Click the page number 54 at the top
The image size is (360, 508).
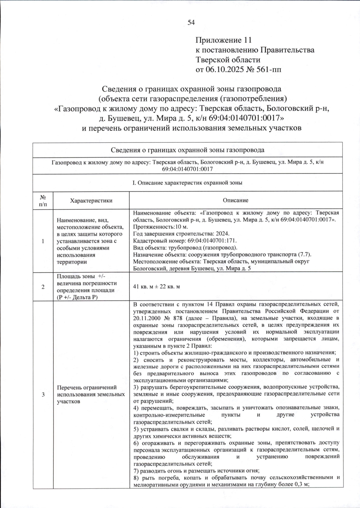point(191,22)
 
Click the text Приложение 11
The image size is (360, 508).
point(223,40)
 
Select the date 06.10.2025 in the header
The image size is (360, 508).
point(225,70)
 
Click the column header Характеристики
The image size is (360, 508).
point(91,201)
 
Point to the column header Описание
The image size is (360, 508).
point(235,200)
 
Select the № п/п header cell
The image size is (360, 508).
point(43,201)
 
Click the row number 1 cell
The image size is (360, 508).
point(43,241)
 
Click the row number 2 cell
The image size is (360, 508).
point(43,287)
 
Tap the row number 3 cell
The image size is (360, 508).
point(43,395)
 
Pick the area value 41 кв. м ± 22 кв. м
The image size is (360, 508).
point(156,287)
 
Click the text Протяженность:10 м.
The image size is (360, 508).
point(160,227)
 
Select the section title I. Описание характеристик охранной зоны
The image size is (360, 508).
point(187,183)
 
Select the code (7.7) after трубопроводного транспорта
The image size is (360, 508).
point(304,255)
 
